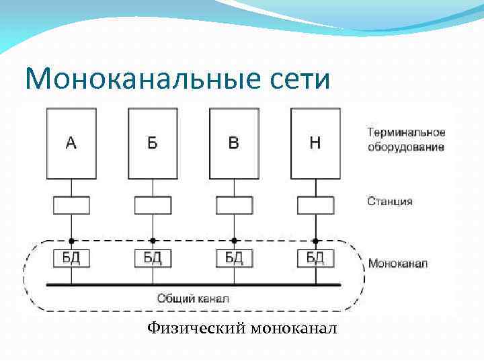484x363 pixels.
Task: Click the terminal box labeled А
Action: pos(71,143)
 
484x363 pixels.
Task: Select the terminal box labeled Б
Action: pos(153,143)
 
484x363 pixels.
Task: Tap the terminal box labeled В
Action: pos(234,143)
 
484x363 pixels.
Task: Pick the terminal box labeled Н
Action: pos(315,143)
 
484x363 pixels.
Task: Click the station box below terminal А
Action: pos(71,205)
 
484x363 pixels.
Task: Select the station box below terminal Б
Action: pos(153,205)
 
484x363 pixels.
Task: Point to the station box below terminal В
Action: pos(234,205)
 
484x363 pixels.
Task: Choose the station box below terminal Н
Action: pos(315,205)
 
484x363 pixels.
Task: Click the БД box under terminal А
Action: pos(71,257)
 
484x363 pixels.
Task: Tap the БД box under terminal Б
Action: pos(153,257)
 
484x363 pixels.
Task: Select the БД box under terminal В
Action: pos(234,257)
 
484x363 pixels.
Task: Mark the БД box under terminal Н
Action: pos(315,257)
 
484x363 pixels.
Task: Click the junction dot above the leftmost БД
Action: pos(71,240)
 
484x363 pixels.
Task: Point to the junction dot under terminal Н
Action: pos(315,240)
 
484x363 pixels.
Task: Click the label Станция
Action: pos(390,201)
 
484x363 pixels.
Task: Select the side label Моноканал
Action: pos(397,264)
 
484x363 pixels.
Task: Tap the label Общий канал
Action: pos(193,298)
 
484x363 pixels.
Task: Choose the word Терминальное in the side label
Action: pos(406,133)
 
